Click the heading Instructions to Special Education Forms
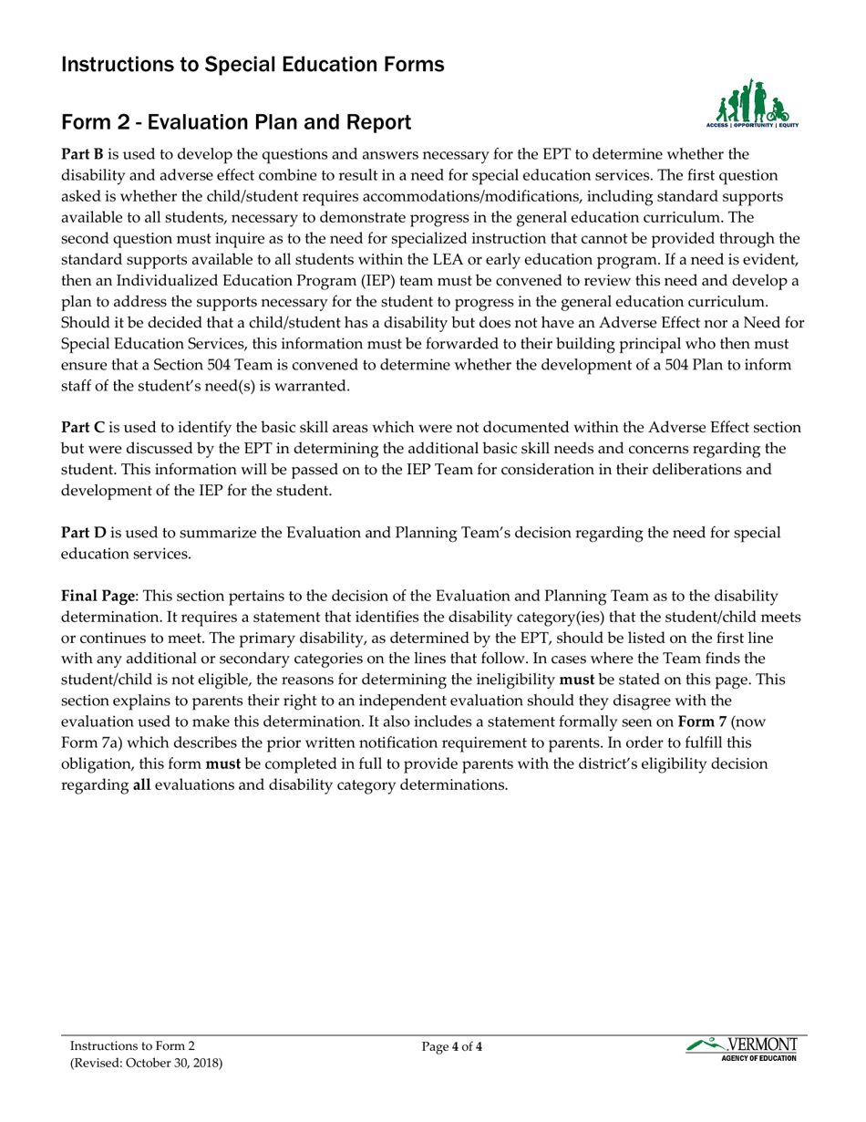pyautogui.click(x=253, y=65)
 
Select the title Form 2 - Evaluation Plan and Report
pyautogui.click(x=235, y=122)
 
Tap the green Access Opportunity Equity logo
pyautogui.click(x=752, y=103)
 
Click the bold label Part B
pyautogui.click(x=82, y=153)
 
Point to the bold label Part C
pyautogui.click(x=82, y=426)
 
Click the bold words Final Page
pyautogui.click(x=98, y=595)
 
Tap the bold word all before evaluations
pyautogui.click(x=142, y=784)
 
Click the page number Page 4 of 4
pyautogui.click(x=452, y=1047)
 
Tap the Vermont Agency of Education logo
pyautogui.click(x=743, y=1048)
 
